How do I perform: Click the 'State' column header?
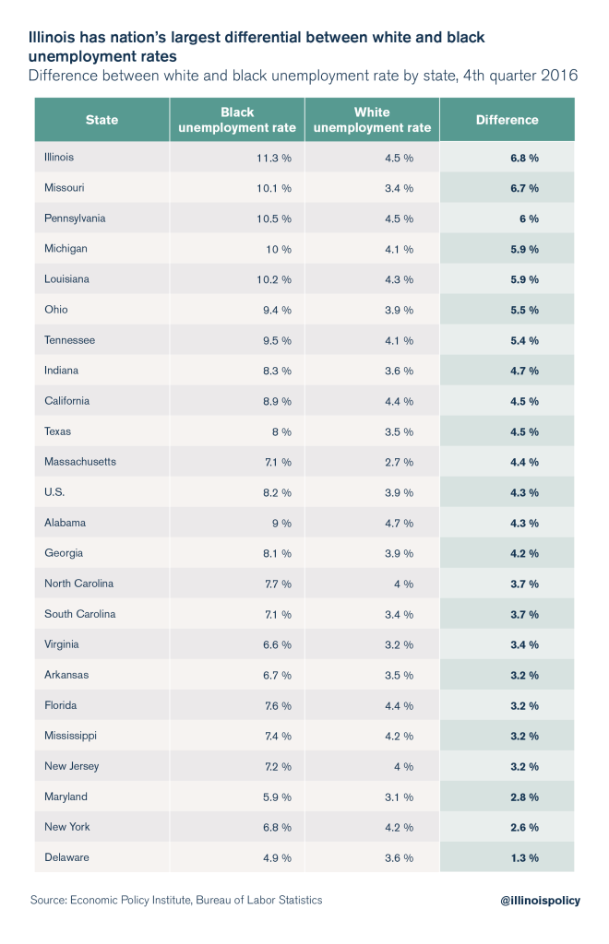coord(101,120)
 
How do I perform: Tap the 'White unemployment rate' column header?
coord(372,120)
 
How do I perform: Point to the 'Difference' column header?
coord(507,120)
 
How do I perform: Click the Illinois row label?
coord(59,158)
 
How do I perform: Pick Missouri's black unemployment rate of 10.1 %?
coord(274,188)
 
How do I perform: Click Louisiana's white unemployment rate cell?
coord(399,279)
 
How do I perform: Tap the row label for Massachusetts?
coord(80,462)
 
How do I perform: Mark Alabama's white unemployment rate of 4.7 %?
coord(399,523)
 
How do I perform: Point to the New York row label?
coord(67,827)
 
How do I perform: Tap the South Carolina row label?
coord(80,614)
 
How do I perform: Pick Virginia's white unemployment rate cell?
coord(399,644)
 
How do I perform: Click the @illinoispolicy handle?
coord(536,901)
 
